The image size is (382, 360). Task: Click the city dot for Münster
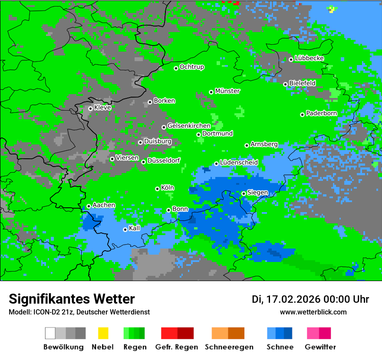click(211, 92)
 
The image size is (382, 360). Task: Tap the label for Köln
click(168, 188)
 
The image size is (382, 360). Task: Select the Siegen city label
click(257, 193)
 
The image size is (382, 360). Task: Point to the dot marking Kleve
click(90, 108)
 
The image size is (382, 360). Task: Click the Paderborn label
click(322, 114)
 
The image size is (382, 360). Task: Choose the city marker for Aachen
click(89, 206)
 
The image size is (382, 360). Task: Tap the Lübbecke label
click(309, 58)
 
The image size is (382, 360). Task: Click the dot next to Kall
click(125, 229)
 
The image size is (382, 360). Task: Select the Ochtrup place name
click(192, 67)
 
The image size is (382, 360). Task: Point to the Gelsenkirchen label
click(189, 126)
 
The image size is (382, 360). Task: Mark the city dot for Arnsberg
click(247, 145)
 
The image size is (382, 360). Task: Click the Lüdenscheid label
click(239, 163)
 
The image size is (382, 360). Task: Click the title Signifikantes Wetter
click(72, 299)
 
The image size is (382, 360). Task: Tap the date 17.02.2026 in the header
click(293, 299)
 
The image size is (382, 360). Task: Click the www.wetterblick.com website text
click(313, 312)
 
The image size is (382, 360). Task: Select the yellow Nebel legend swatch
click(103, 333)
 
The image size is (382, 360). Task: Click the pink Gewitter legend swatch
click(313, 333)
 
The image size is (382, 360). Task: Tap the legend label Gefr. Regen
click(177, 347)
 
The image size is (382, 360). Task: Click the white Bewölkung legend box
click(50, 333)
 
